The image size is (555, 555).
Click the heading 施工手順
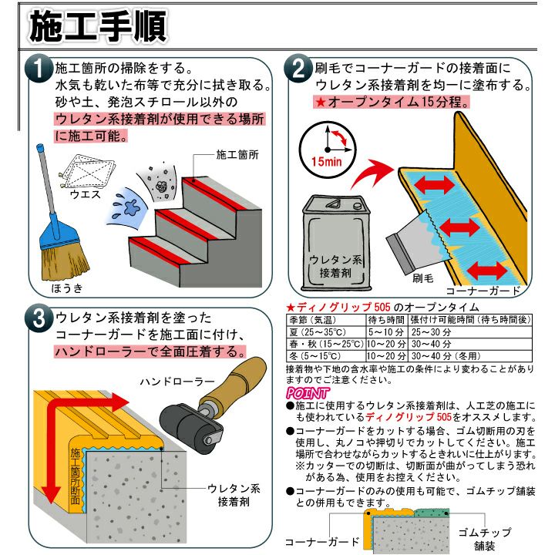click(x=98, y=26)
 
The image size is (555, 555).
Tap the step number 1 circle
click(x=39, y=69)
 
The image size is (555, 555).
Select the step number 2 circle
click(x=298, y=69)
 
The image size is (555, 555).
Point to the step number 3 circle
click(x=39, y=318)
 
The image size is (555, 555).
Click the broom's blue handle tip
click(x=39, y=146)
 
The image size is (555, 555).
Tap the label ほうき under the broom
click(x=67, y=288)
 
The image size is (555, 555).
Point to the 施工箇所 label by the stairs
click(x=237, y=155)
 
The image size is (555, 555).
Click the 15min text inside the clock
click(x=326, y=162)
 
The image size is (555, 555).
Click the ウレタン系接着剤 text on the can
click(x=335, y=266)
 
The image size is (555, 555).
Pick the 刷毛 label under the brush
click(x=423, y=278)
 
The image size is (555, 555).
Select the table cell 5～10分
click(x=386, y=332)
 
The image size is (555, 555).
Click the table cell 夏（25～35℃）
click(x=318, y=332)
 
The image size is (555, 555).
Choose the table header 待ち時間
click(x=386, y=320)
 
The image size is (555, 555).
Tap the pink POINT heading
click(x=308, y=393)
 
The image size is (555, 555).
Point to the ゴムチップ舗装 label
click(x=485, y=539)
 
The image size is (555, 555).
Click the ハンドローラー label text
click(x=177, y=382)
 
